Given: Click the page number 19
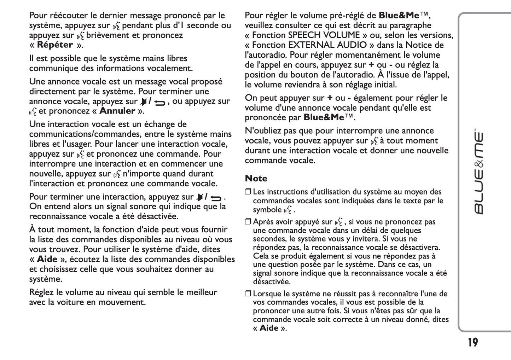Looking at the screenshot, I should click(472, 342).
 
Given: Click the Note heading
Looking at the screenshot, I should click(256, 178).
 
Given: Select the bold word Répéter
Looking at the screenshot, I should click(55, 45).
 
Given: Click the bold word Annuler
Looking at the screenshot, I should click(117, 111).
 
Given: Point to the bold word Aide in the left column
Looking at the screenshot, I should click(47, 259).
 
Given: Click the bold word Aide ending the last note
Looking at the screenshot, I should click(269, 328).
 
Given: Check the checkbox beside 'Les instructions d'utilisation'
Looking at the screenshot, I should click(248, 192).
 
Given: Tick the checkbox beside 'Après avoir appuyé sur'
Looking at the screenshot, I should click(248, 222).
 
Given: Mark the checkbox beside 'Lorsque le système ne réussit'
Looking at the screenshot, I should click(248, 294).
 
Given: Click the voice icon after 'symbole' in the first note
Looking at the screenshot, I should click(289, 210).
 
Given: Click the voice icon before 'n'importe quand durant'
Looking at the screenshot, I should click(117, 174).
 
